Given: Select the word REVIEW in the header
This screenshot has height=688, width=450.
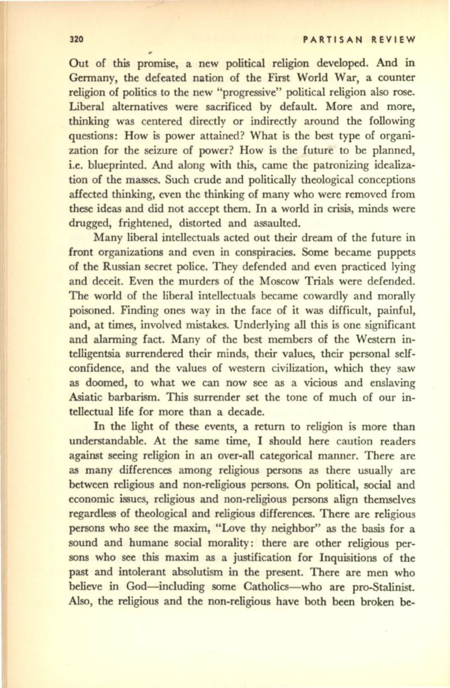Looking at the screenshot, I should (x=391, y=40).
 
